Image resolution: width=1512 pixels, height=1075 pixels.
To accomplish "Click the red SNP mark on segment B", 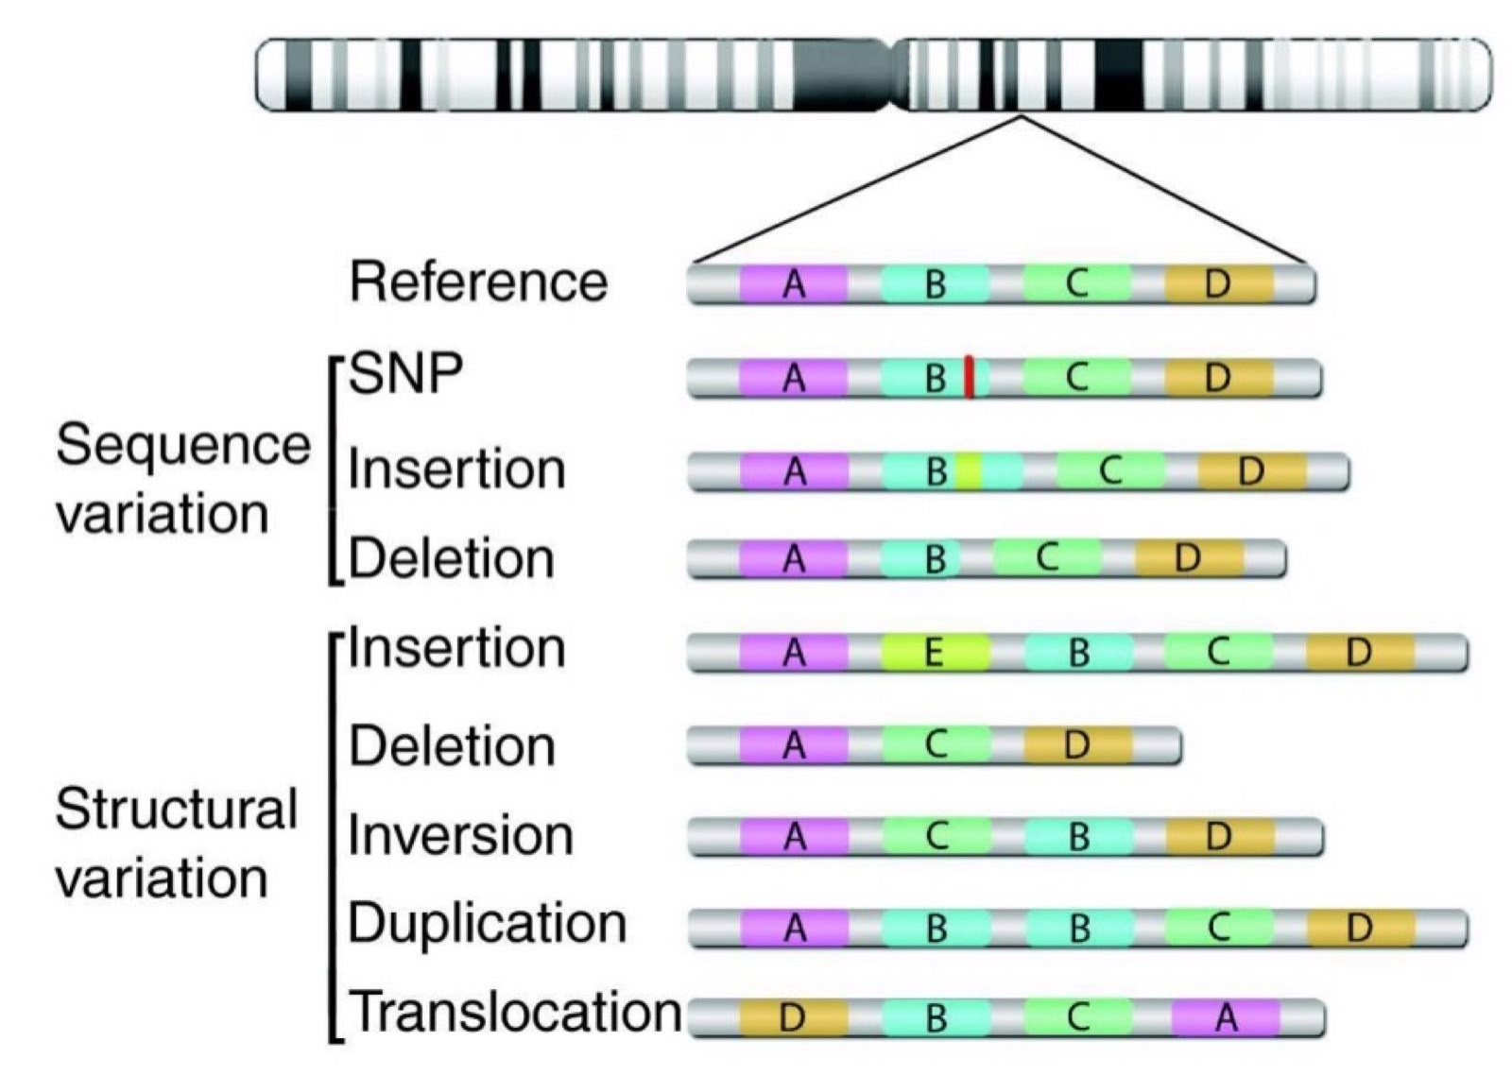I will click(970, 376).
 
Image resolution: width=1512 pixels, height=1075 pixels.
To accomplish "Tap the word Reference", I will click(478, 282).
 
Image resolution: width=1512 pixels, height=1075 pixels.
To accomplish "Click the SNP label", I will click(406, 374).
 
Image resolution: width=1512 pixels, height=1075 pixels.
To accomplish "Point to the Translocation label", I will click(516, 1012).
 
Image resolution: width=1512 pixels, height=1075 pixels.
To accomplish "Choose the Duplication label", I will click(488, 923).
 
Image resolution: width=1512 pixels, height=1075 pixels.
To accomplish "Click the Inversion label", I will click(461, 836).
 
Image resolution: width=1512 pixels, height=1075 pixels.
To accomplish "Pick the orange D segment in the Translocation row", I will click(793, 1017).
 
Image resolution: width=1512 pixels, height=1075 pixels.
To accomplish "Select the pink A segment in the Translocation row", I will click(1226, 1017).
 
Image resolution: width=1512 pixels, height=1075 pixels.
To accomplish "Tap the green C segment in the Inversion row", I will click(936, 836).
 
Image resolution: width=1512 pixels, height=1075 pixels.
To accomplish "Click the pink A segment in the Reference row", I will click(794, 283).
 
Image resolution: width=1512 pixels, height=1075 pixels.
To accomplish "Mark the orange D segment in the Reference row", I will click(1218, 283).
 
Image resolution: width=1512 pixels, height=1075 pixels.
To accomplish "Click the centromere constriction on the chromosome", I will click(891, 75).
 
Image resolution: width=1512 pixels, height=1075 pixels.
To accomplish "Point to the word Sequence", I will click(183, 445).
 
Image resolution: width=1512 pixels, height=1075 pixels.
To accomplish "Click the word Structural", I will click(177, 810).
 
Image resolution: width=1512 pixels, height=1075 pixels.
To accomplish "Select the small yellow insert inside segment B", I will click(970, 470).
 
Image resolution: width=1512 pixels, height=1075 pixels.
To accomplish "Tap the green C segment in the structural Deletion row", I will click(936, 745).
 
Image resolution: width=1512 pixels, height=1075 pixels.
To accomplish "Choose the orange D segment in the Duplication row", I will click(1360, 928).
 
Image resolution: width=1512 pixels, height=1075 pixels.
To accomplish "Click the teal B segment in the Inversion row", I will click(1078, 836).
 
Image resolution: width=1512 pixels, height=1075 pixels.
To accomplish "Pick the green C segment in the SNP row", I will click(1076, 377).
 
